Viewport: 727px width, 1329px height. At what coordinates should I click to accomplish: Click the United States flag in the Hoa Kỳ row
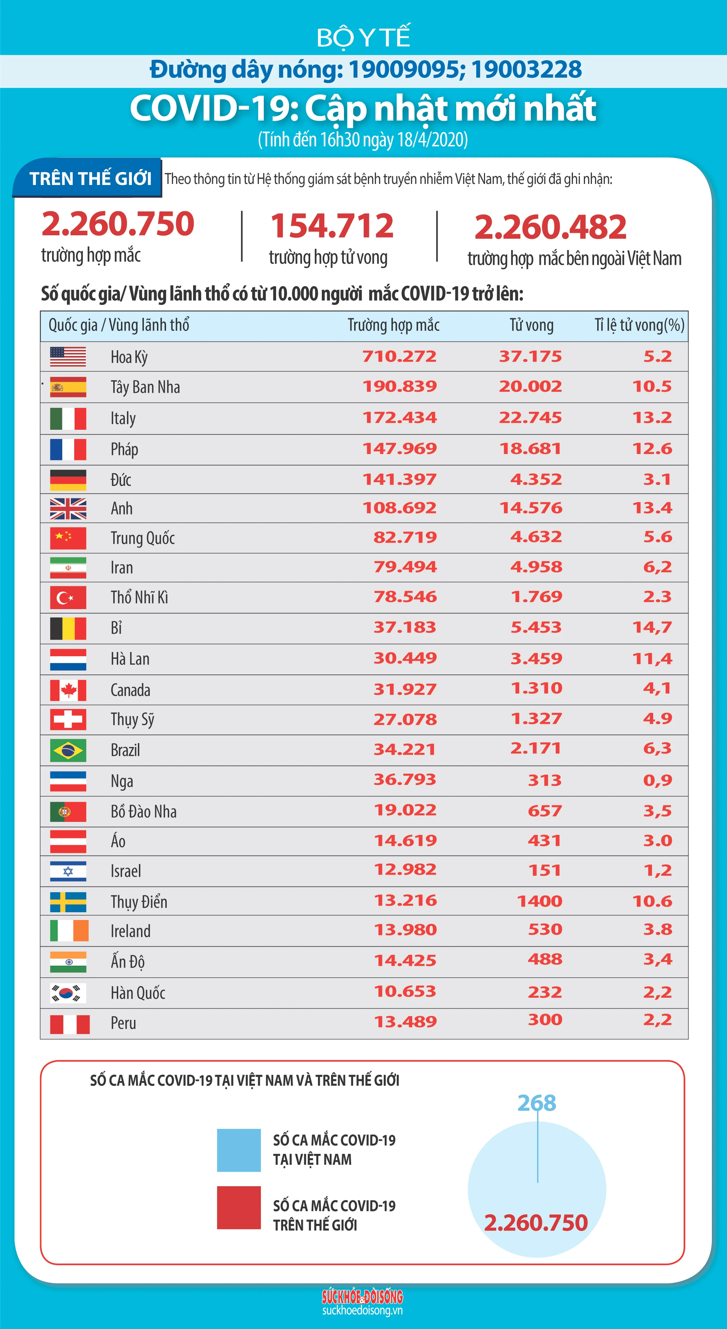tap(68, 357)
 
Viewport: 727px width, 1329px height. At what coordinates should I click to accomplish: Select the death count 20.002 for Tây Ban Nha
tap(530, 386)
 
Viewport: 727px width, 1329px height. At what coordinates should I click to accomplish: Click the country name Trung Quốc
tap(142, 538)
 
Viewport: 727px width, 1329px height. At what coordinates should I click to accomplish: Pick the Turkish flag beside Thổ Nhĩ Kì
tap(68, 598)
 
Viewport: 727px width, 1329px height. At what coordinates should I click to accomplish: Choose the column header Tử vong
tap(531, 325)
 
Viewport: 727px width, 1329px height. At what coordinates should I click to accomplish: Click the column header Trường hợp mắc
tap(393, 325)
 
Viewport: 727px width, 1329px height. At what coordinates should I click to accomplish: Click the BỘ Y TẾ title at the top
tap(363, 37)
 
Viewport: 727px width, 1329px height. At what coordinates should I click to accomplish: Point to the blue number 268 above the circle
tap(537, 1103)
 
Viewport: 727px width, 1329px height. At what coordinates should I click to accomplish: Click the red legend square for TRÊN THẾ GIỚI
tap(239, 1208)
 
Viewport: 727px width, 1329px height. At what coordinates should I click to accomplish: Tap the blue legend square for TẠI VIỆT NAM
tap(239, 1150)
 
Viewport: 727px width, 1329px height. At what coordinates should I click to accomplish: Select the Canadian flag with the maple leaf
tap(68, 690)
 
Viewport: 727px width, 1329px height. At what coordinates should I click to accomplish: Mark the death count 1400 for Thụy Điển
tap(539, 901)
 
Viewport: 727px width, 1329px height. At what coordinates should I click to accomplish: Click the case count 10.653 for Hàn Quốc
tap(405, 991)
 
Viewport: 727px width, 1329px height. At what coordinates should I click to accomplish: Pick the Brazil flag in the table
tap(68, 750)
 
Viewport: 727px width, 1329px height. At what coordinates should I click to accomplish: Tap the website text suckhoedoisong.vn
tap(362, 1310)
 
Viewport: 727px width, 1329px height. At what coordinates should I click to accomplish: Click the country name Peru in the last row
tap(123, 1023)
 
